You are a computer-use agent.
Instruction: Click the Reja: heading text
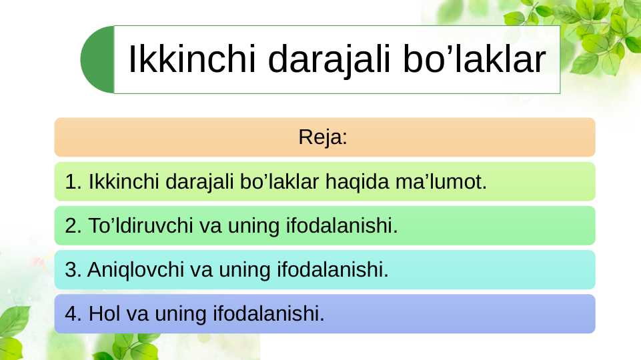[x=324, y=138]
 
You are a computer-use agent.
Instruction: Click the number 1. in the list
[x=73, y=182]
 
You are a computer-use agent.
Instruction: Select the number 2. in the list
[x=73, y=226]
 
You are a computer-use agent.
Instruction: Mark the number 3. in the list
[x=73, y=270]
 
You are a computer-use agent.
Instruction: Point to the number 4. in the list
[x=73, y=313]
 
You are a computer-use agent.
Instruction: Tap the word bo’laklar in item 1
[x=280, y=182]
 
